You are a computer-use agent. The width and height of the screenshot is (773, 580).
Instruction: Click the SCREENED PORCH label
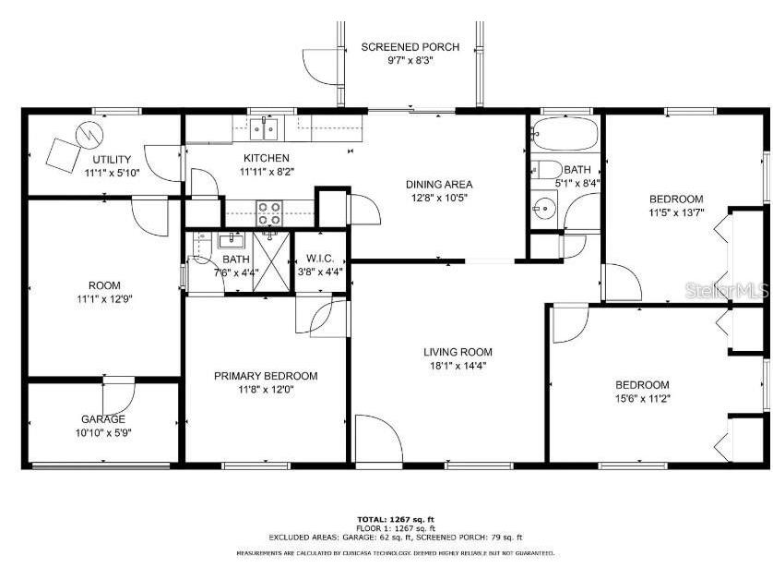coord(397,46)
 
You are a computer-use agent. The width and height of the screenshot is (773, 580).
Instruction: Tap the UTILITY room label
coord(111,160)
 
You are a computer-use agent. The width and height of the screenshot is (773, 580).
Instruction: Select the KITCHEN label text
coord(266,158)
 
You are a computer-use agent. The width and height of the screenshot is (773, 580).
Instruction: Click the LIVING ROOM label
coord(458,351)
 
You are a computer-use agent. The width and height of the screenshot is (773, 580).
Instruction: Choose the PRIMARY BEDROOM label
coord(266,376)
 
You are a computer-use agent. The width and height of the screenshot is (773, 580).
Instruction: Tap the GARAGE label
coord(102,418)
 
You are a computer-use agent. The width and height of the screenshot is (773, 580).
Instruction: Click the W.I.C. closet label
coord(319,258)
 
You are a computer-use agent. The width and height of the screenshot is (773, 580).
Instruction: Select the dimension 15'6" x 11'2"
coord(642,399)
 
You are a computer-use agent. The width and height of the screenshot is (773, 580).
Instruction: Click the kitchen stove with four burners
coord(268,213)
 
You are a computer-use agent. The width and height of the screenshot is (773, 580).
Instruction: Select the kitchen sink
coord(269,126)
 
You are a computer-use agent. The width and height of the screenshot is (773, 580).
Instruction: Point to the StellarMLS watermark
coord(726,291)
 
